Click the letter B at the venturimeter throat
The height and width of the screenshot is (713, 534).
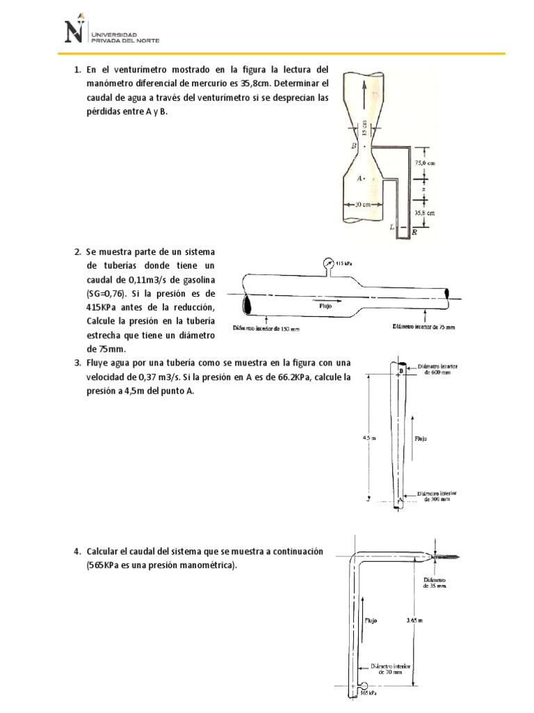[355, 146]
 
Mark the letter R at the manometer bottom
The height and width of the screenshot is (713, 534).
[414, 233]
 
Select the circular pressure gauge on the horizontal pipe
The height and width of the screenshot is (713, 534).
[328, 263]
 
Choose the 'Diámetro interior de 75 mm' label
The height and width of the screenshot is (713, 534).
[424, 325]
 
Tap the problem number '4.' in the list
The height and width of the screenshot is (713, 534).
[78, 551]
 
